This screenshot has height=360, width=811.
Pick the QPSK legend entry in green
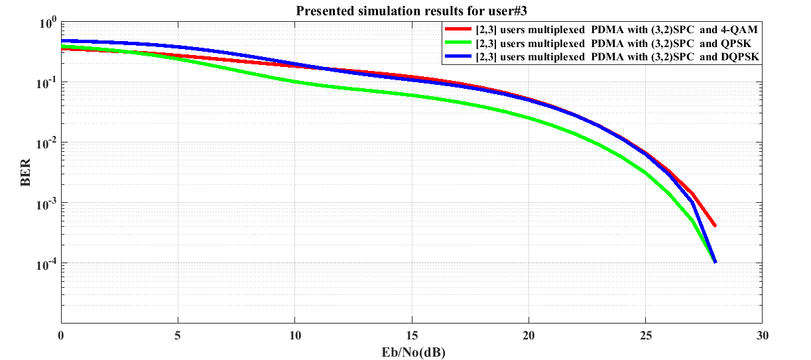tap(617, 44)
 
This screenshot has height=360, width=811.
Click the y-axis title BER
tap(26, 173)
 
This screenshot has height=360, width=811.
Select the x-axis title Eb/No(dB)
tap(411, 351)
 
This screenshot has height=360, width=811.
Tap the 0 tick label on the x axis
tap(61, 335)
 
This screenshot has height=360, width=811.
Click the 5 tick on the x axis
tap(178, 335)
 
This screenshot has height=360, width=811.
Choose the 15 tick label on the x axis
tap(412, 335)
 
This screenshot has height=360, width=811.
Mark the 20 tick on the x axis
tap(529, 335)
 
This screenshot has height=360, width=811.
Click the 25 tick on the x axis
tap(645, 335)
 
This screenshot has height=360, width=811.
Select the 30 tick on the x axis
tap(762, 335)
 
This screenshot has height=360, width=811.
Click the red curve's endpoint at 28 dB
tap(715, 226)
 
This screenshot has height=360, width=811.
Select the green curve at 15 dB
tap(412, 95)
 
